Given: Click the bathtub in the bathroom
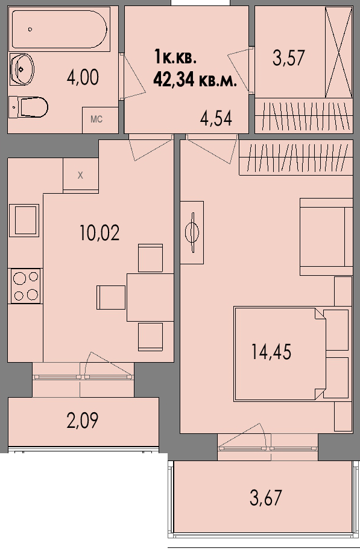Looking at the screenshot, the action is click(59, 29).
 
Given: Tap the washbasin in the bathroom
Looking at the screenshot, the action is click(22, 69).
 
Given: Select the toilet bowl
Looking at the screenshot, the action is click(28, 107).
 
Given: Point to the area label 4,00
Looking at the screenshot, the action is click(83, 77).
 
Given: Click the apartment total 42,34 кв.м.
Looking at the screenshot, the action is click(195, 80).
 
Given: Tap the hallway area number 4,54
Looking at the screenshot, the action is click(216, 118).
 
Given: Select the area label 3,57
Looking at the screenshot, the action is click(288, 58).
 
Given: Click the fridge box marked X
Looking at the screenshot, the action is click(80, 175).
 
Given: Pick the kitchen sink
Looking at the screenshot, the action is click(24, 220).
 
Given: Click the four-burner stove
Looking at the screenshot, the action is click(26, 285).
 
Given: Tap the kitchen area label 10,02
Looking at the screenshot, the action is click(99, 232).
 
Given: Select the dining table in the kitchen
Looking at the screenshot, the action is click(150, 298).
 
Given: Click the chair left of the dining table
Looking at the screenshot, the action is click(111, 298).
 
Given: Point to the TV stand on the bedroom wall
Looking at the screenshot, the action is click(192, 232).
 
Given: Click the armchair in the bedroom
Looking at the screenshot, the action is click(326, 237).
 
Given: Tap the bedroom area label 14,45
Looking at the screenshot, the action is click(271, 352).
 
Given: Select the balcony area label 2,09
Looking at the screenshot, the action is click(83, 420).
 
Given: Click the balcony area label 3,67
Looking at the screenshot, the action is click(266, 498).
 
